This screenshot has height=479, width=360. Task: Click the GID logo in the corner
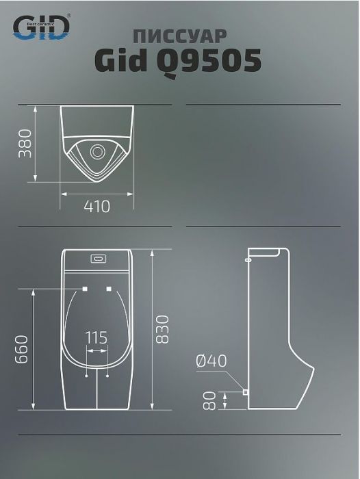point(42,26)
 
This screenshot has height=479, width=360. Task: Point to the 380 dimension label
point(25,143)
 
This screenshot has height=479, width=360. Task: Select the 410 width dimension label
point(97,206)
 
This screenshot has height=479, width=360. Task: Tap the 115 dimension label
point(97,337)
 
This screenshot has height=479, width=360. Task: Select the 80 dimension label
point(209,400)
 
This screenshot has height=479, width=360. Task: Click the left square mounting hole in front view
point(84,289)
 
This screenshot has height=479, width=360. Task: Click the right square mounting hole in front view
point(110,289)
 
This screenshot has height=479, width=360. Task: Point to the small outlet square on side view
point(244,393)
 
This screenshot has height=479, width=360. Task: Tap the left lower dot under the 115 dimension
point(87,376)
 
